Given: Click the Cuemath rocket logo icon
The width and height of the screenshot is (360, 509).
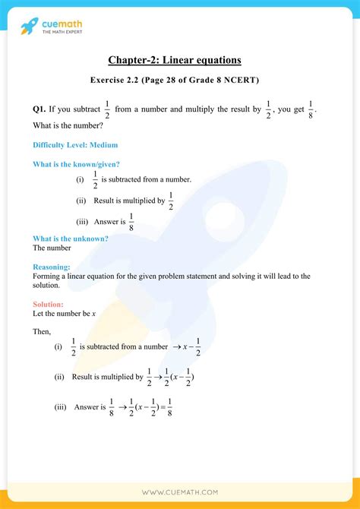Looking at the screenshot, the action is click(x=30, y=27).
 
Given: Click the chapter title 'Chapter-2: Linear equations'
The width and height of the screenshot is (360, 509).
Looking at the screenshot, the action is click(x=179, y=61).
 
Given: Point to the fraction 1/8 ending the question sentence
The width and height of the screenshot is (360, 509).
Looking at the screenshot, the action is click(x=311, y=111).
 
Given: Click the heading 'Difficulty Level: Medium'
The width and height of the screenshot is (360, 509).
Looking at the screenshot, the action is click(x=75, y=144).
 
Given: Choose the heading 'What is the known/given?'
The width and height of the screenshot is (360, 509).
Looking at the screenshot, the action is click(x=77, y=164).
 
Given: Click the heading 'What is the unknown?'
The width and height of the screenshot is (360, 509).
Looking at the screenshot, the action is click(x=70, y=239).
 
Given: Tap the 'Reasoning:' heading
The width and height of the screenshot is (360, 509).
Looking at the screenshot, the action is click(x=52, y=267).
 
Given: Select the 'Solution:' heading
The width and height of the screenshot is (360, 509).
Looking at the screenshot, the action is click(x=49, y=304).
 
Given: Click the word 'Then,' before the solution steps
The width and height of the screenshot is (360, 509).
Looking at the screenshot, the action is click(x=42, y=331).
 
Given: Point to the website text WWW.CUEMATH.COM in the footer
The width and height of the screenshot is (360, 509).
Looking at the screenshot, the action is click(x=179, y=492).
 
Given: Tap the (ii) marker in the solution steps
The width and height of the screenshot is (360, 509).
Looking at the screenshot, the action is click(x=58, y=378).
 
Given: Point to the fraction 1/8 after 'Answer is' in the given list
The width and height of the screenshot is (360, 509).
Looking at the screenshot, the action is click(x=131, y=222).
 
